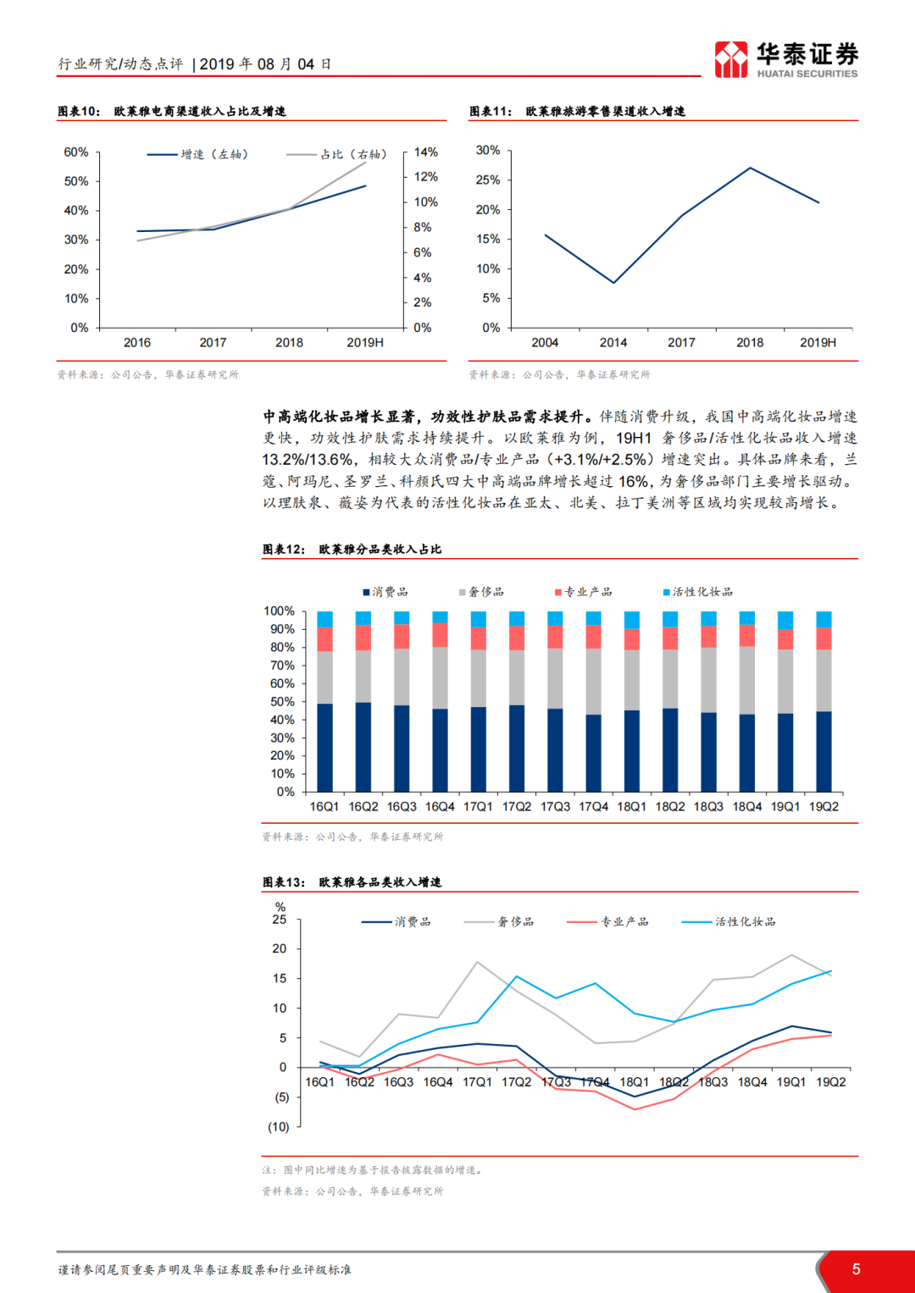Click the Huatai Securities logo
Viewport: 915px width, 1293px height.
click(785, 59)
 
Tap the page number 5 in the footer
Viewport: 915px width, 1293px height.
click(856, 1269)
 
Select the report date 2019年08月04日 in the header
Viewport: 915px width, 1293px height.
click(265, 64)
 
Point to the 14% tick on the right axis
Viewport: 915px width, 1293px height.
click(425, 152)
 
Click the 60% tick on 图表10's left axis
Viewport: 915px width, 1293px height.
click(76, 152)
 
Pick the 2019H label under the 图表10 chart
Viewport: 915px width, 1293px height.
click(365, 343)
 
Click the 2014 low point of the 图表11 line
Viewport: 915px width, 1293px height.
click(613, 283)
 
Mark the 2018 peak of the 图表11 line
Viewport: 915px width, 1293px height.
click(750, 168)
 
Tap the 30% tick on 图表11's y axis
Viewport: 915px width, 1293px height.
click(488, 150)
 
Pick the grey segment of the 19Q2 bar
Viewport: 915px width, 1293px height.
click(823, 680)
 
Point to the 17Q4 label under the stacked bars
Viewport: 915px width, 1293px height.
click(594, 807)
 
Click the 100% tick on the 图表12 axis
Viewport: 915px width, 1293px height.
click(279, 611)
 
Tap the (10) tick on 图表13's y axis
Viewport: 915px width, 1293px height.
click(279, 1127)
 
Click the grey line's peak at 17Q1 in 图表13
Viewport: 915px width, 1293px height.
click(478, 962)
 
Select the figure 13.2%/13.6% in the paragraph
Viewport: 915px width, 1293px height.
click(308, 460)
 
